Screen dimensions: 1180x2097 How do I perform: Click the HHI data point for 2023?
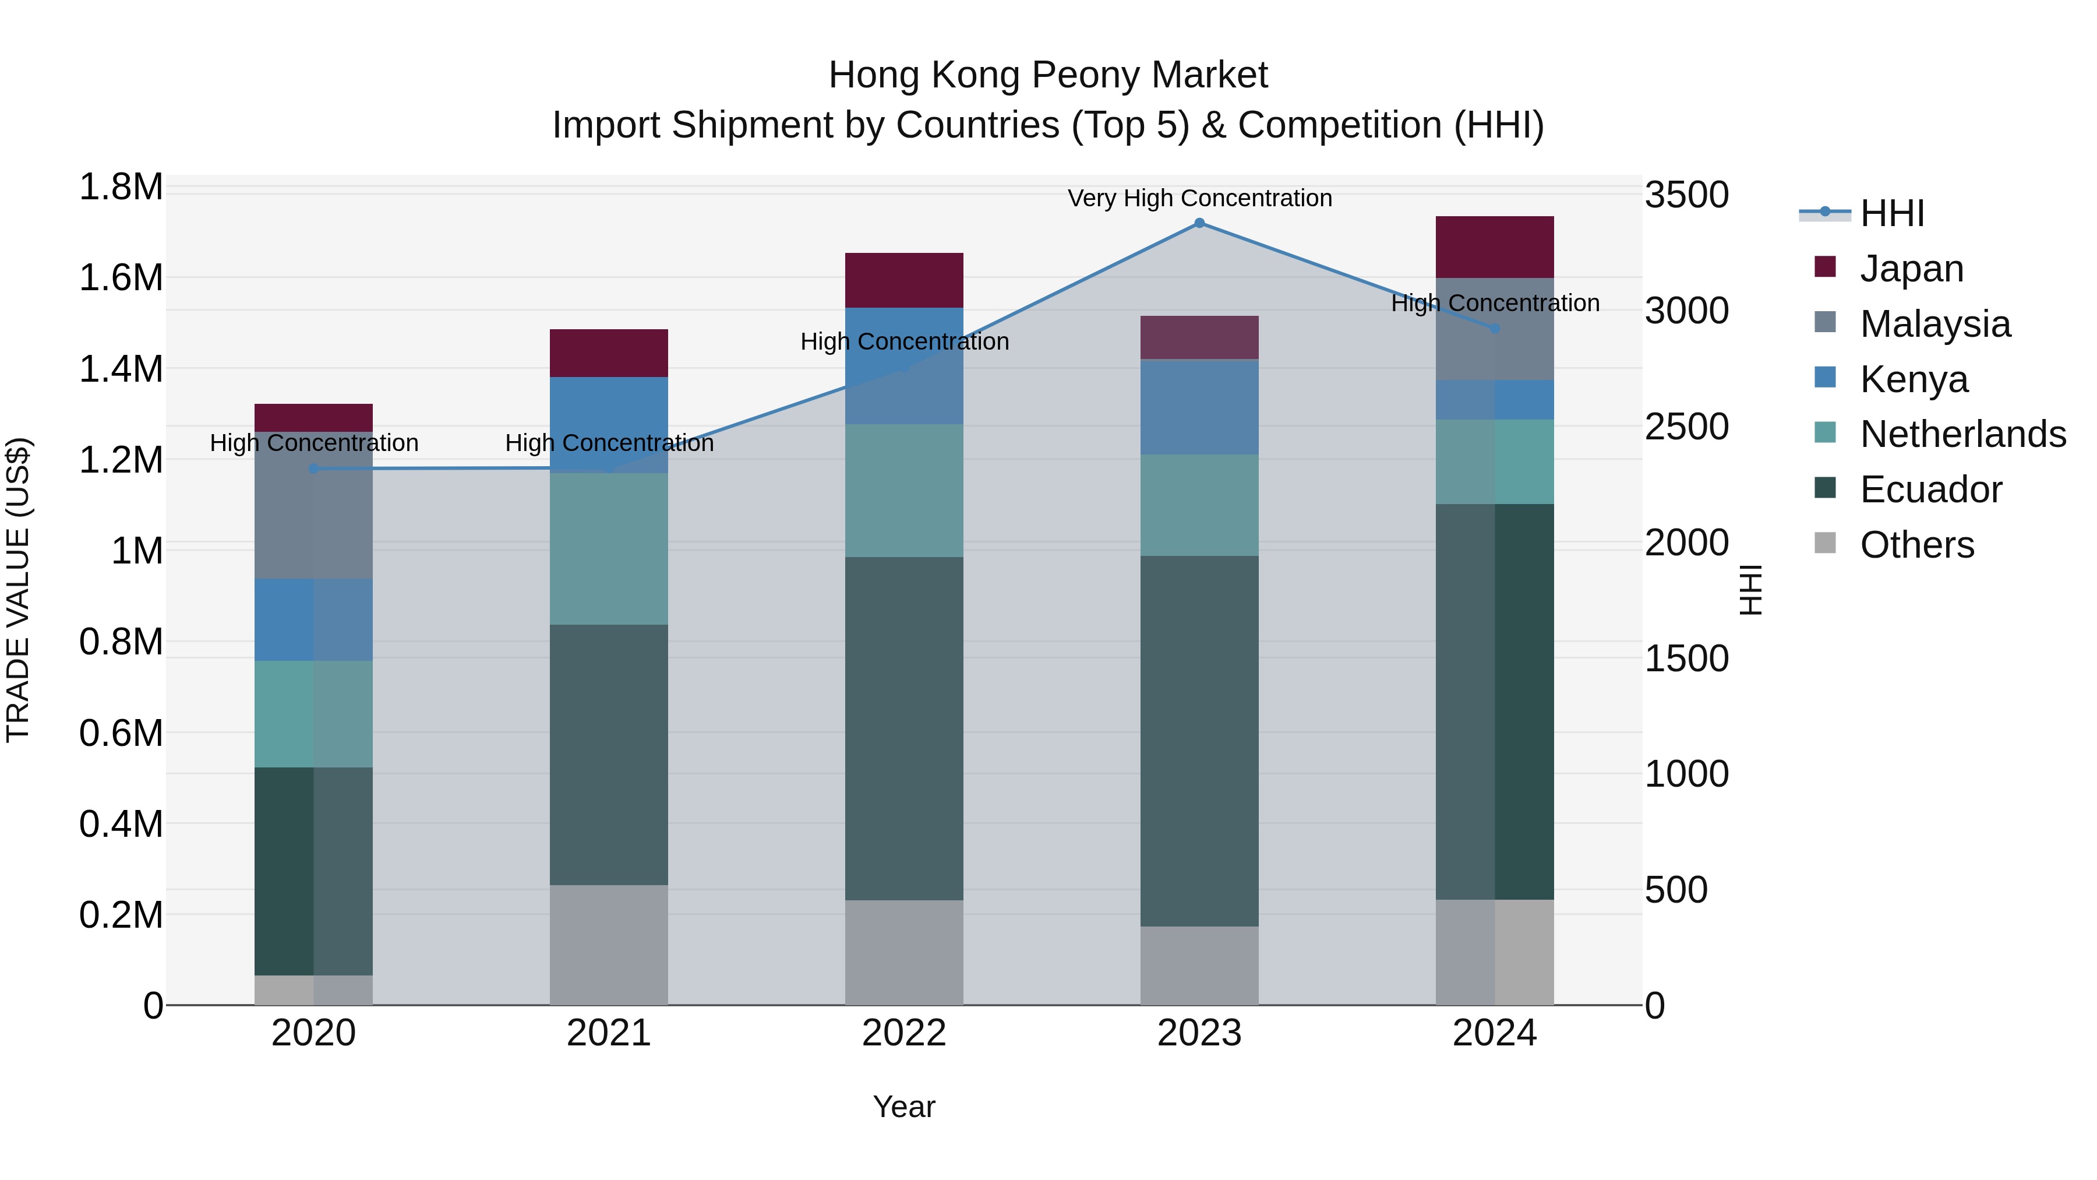(x=1199, y=223)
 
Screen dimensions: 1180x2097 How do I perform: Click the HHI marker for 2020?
(x=314, y=469)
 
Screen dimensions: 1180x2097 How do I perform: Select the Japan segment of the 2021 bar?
(x=609, y=354)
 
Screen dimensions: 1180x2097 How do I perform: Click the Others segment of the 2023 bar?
(x=1199, y=966)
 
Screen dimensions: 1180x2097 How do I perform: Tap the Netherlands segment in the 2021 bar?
(x=609, y=549)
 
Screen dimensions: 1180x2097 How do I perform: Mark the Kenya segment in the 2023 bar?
(x=1199, y=407)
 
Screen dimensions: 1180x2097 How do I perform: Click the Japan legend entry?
(x=1911, y=269)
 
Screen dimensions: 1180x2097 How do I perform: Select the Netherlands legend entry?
(x=1962, y=434)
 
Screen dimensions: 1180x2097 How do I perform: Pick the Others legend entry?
(x=1917, y=545)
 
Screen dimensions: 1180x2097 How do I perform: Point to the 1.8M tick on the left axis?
(x=121, y=187)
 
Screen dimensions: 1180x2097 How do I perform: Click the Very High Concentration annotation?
(x=1200, y=198)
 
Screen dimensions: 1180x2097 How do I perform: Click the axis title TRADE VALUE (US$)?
(x=18, y=590)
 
